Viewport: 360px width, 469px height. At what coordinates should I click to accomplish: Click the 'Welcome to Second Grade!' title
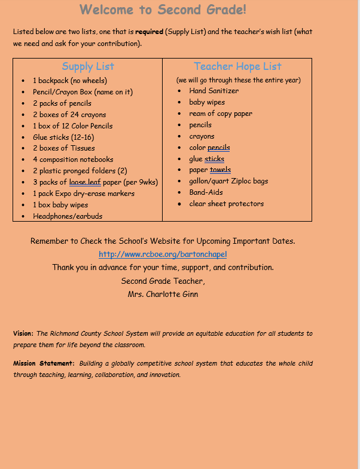[x=163, y=10]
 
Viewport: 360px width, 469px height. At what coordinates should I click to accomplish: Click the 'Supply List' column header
[x=88, y=66]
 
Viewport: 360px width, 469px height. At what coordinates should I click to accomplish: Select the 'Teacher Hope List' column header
[x=237, y=66]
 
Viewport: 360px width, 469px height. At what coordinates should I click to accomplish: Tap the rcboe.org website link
[x=163, y=254]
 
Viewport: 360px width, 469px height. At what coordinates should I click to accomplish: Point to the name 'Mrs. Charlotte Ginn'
[x=163, y=294]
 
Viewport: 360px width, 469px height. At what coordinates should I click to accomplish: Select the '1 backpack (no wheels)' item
[x=69, y=80]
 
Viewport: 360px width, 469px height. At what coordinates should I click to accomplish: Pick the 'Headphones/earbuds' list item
[x=63, y=216]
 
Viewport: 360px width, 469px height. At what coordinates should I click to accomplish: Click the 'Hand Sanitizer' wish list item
[x=213, y=91]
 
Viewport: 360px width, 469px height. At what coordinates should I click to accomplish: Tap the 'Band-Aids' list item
[x=206, y=192]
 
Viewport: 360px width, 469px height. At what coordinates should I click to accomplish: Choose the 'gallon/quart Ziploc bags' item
[x=228, y=181]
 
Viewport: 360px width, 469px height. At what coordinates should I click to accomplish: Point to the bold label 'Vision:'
[x=23, y=333]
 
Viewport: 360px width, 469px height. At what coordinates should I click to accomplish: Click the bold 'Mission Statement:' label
[x=44, y=363]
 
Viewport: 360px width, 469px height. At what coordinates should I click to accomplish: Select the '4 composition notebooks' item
[x=73, y=160]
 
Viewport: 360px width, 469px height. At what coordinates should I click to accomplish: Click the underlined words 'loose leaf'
[x=85, y=182]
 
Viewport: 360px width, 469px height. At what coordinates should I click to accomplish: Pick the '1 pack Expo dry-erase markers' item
[x=84, y=194]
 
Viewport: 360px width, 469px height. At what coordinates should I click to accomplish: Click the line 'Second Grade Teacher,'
[x=163, y=281]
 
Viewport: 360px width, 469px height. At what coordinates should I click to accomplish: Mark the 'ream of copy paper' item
[x=221, y=114]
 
